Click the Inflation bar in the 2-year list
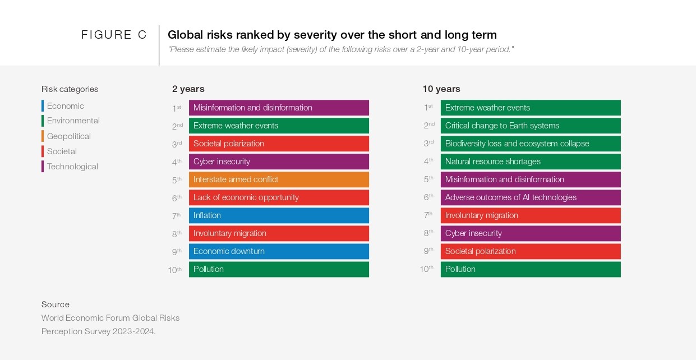279,215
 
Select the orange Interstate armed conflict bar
279,179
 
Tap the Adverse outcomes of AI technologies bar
531,197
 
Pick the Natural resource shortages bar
531,161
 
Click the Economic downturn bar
279,251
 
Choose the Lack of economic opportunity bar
279,197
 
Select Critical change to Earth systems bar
531,126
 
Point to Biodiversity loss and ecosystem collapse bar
531,144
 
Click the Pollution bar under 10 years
531,269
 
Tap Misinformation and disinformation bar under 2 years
279,108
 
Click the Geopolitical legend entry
68,136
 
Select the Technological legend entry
72,167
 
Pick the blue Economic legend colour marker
43,106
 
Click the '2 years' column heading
188,89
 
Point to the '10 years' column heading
441,89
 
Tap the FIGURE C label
114,35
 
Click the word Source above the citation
56,304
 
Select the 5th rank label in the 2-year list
177,180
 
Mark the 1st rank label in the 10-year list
428,108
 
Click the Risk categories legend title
70,89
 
